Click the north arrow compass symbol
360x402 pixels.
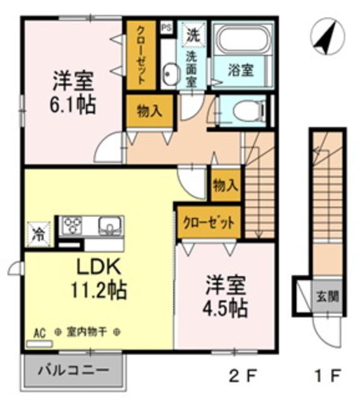pos(327,36)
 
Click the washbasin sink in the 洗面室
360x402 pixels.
pos(170,73)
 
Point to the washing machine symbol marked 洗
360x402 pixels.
pos(193,35)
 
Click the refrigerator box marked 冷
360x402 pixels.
pos(38,234)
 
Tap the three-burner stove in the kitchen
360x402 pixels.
pos(73,225)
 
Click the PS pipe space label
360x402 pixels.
pos(166,28)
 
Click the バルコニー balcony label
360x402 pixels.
pos(73,371)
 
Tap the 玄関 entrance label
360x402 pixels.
pos(327,296)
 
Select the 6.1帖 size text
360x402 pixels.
pos(72,105)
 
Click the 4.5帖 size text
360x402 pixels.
pos(225,308)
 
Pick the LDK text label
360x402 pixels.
pos(99,268)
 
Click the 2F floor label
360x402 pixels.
pos(243,377)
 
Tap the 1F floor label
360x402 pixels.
pos(328,377)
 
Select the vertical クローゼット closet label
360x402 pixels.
pos(141,55)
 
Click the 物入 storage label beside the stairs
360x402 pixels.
pos(226,185)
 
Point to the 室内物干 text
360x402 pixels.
pos(87,332)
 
